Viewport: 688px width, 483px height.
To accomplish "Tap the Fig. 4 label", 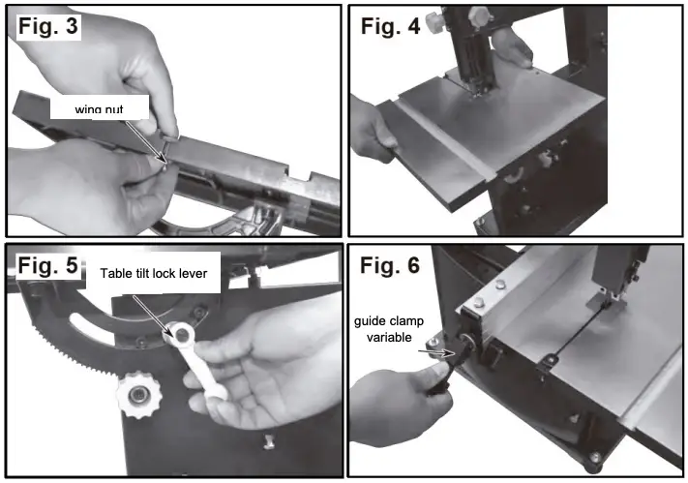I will (391, 26).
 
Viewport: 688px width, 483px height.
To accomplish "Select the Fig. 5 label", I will (45, 265).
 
